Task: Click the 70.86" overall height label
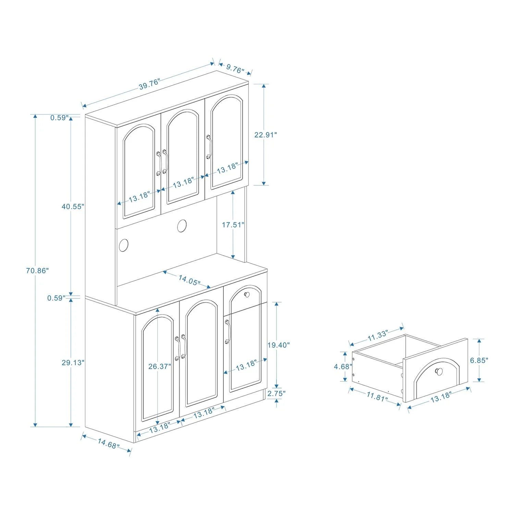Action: pyautogui.click(x=37, y=271)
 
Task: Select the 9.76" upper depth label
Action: pyautogui.click(x=235, y=69)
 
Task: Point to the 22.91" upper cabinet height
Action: pyautogui.click(x=265, y=135)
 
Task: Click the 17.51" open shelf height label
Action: pyautogui.click(x=233, y=225)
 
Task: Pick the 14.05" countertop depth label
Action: pyautogui.click(x=189, y=280)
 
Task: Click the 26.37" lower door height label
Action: pyautogui.click(x=160, y=366)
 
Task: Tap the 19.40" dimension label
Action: pyautogui.click(x=279, y=345)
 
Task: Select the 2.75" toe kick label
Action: pyautogui.click(x=276, y=393)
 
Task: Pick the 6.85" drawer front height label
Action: pyautogui.click(x=479, y=360)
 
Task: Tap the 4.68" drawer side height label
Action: pyautogui.click(x=343, y=367)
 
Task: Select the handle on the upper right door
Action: pyautogui.click(x=209, y=147)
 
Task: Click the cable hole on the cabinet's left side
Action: pyautogui.click(x=123, y=245)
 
